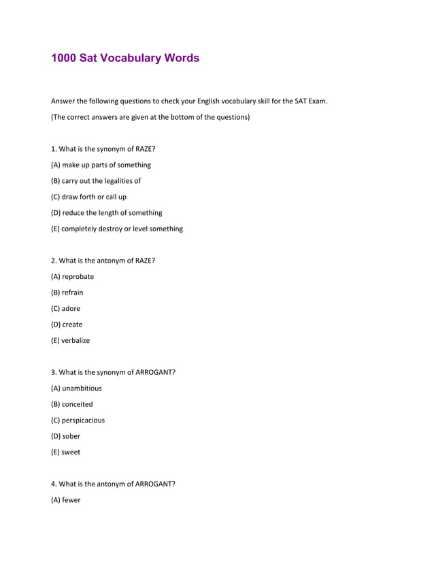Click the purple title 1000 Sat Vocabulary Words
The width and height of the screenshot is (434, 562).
(125, 58)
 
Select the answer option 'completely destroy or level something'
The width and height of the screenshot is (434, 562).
(117, 229)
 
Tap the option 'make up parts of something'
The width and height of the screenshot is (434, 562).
(101, 165)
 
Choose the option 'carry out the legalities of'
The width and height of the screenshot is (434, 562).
(96, 181)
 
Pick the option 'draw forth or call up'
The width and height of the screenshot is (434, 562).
(88, 197)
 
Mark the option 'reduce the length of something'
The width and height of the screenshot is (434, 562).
(107, 213)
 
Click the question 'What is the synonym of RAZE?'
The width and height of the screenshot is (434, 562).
(103, 149)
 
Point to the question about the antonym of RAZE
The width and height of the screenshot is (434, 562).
(103, 261)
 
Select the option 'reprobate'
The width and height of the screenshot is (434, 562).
(73, 277)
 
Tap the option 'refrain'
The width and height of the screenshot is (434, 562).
(67, 293)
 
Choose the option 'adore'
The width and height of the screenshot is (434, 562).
(66, 308)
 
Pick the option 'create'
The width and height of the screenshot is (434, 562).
(67, 325)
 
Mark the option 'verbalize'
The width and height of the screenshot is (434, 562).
(70, 340)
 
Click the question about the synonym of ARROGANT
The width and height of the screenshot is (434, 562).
(114, 372)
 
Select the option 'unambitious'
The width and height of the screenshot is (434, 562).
(76, 389)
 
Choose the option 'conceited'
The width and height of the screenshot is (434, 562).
(72, 404)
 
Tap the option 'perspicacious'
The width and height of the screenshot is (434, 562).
(78, 420)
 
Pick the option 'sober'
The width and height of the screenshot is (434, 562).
(65, 436)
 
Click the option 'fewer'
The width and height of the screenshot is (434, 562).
(66, 500)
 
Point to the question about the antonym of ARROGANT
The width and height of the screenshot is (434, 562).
(114, 484)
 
